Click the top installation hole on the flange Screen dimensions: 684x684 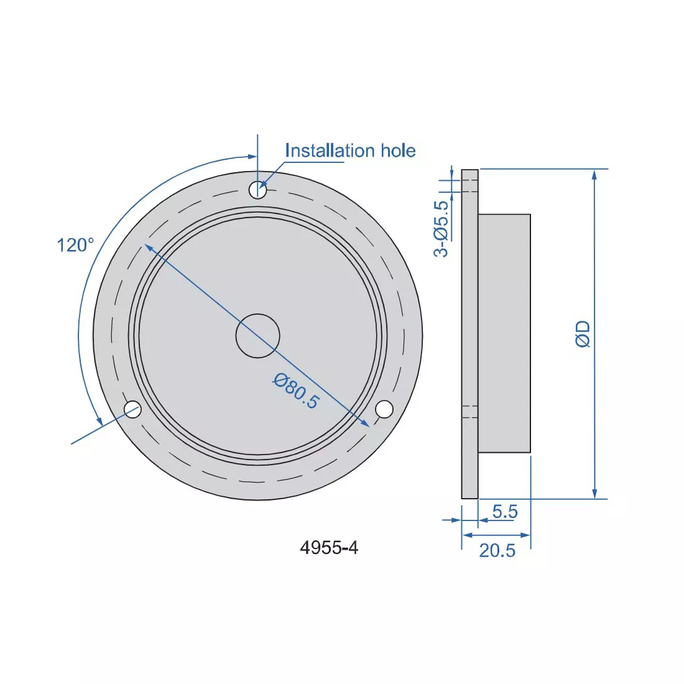pos(257,190)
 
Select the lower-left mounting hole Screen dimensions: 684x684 pos(133,409)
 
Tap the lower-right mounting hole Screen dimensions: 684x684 pos(384,409)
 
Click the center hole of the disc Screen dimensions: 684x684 pos(257,336)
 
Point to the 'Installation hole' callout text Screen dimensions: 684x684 pos(349,151)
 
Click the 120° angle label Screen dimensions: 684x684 pos(75,245)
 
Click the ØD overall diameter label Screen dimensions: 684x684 pos(583,334)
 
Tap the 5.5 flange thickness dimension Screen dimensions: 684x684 pos(504,511)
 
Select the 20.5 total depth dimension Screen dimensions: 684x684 pos(497,550)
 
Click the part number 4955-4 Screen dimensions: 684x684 pos(329,548)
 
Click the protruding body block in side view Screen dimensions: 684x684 pos(504,333)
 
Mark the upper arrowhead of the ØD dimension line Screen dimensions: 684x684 pos(595,174)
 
